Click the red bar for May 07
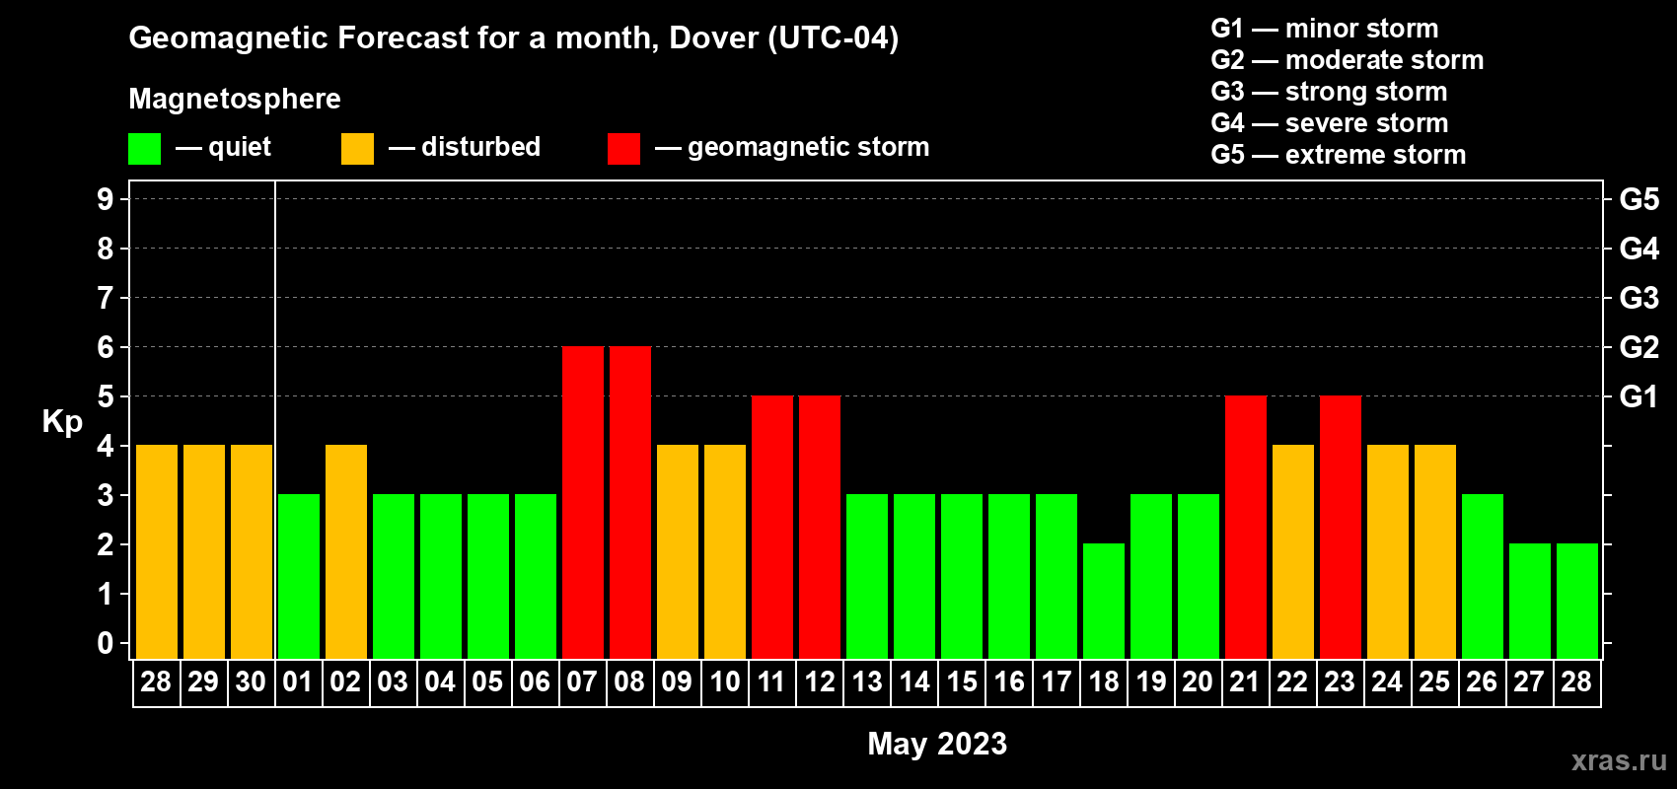pyautogui.click(x=582, y=502)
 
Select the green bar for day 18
pyautogui.click(x=1103, y=601)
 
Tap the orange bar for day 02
pyautogui.click(x=345, y=551)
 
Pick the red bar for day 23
pyautogui.click(x=1340, y=527)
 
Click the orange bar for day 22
pyautogui.click(x=1292, y=551)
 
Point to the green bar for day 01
pyautogui.click(x=298, y=576)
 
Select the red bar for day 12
pyautogui.click(x=819, y=527)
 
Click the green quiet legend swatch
pyautogui.click(x=144, y=149)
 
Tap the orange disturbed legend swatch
pyautogui.click(x=357, y=149)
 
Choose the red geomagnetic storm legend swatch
pyautogui.click(x=623, y=149)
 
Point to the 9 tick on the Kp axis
pyautogui.click(x=106, y=199)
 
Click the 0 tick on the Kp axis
pyautogui.click(x=106, y=644)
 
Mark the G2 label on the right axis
pyautogui.click(x=1639, y=347)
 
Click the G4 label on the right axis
pyautogui.click(x=1639, y=249)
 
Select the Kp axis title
pyautogui.click(x=62, y=421)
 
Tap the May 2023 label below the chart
pyautogui.click(x=937, y=744)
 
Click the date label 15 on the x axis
pyautogui.click(x=961, y=681)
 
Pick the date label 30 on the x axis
pyautogui.click(x=251, y=681)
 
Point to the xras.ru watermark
pyautogui.click(x=1619, y=760)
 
